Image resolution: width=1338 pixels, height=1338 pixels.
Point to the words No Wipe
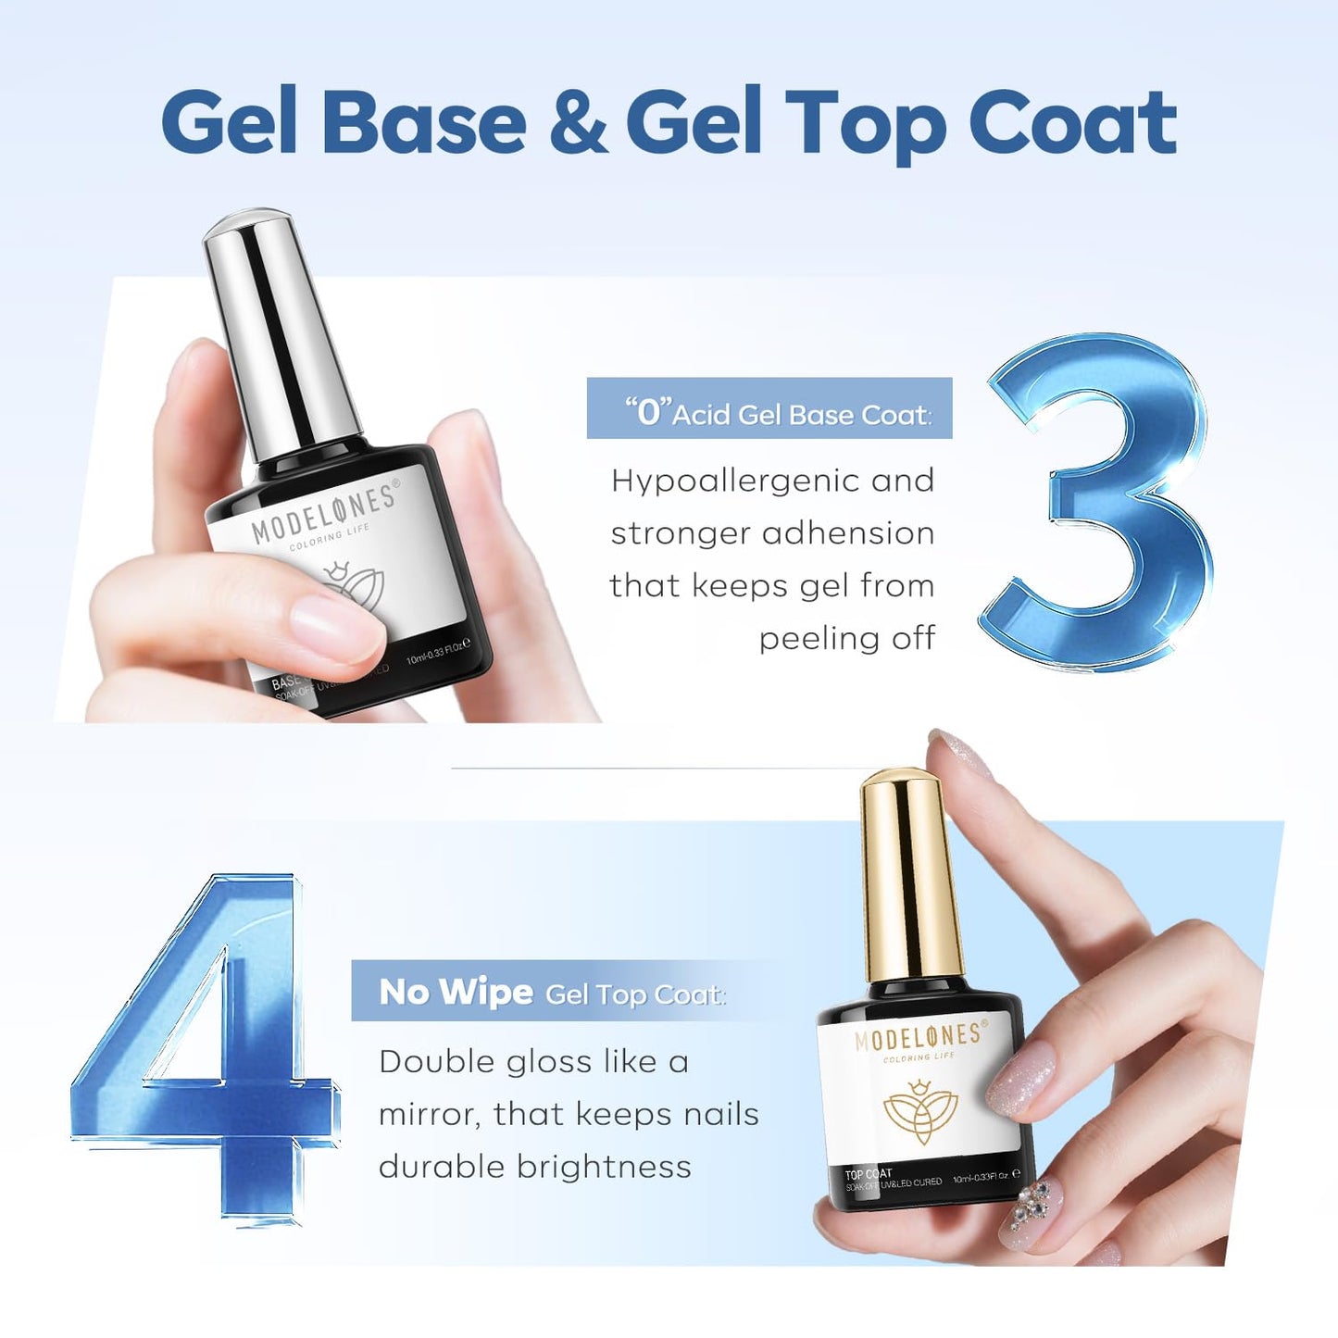click(456, 992)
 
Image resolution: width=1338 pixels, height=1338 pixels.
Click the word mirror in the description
click(429, 1115)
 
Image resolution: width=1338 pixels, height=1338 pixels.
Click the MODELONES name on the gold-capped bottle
click(919, 1037)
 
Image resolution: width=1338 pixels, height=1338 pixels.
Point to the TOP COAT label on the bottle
click(869, 1174)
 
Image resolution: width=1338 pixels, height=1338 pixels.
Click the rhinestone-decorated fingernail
click(1032, 1213)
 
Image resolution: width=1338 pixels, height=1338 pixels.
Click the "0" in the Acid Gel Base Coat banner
click(647, 411)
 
